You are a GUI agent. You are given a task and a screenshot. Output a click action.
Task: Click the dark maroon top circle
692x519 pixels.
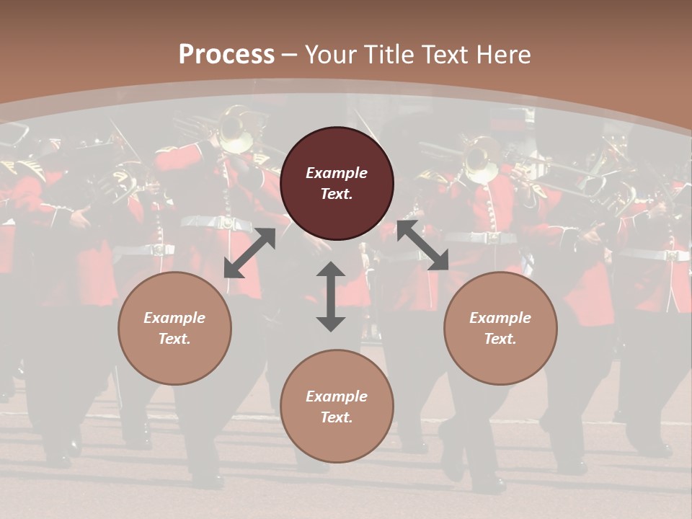point(337,184)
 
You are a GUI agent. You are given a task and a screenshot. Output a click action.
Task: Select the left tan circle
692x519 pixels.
point(174,329)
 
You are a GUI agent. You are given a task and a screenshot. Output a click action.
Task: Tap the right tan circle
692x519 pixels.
point(500,329)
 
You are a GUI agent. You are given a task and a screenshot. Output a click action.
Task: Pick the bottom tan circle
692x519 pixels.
point(337,407)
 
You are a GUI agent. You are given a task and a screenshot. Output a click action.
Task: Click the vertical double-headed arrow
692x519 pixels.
point(331,296)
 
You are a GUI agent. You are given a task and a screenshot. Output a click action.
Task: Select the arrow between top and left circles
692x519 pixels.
point(249,253)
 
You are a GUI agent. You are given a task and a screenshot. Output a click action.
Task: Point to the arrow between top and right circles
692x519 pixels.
point(422,246)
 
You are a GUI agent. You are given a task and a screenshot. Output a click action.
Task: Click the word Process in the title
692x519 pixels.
point(226,55)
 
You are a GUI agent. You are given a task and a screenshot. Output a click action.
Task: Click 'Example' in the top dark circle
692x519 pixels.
point(337,173)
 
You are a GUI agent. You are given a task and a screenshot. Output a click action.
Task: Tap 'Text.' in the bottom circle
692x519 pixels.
point(337,417)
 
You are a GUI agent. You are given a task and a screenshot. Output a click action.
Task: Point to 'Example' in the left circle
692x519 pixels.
point(174,318)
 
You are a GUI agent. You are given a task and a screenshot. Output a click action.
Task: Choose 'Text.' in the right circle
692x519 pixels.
point(500,339)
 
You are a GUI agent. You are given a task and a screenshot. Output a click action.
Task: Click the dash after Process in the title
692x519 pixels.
point(290,55)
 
